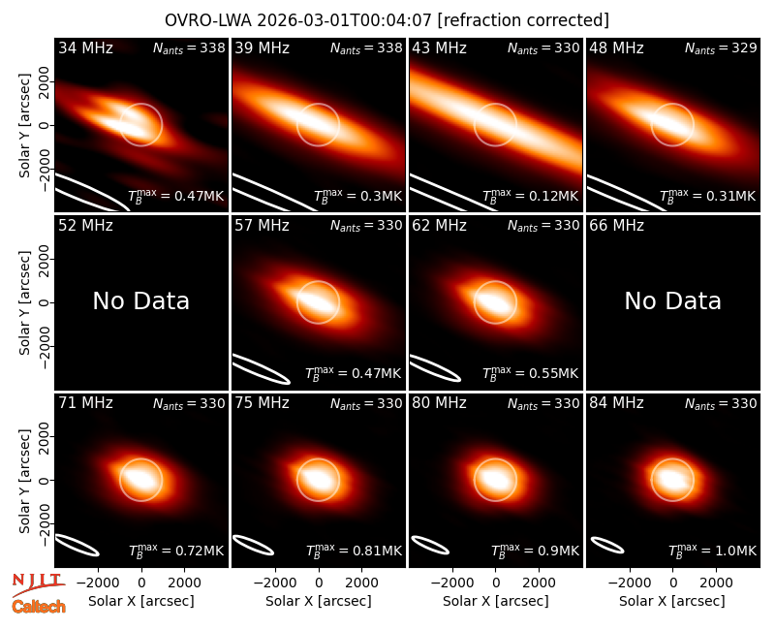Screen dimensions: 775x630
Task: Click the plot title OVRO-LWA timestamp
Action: (x=387, y=20)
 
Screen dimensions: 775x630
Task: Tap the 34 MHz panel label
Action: (x=85, y=47)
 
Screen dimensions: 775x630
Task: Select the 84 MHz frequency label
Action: (x=616, y=403)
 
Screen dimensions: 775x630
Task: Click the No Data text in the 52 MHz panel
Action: (x=141, y=300)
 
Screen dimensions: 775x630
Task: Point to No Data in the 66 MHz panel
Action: (x=672, y=300)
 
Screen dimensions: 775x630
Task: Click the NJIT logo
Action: (x=39, y=584)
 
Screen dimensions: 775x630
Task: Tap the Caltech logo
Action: (x=39, y=607)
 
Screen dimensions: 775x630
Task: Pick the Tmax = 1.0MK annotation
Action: (x=712, y=550)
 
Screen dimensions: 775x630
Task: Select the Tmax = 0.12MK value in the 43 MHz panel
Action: (x=530, y=196)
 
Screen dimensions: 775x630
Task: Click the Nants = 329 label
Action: (x=721, y=47)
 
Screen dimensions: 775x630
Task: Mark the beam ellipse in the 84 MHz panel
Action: (x=607, y=545)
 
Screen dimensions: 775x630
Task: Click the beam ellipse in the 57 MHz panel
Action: (x=262, y=368)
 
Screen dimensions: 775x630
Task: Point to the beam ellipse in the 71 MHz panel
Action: (x=77, y=546)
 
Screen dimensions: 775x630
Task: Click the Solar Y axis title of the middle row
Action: (x=25, y=302)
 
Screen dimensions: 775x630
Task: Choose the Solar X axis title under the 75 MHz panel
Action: (x=319, y=601)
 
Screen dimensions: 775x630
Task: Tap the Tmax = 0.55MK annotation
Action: (x=530, y=373)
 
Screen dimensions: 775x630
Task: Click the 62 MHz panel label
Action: (x=439, y=226)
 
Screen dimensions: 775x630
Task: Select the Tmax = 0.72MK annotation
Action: (x=176, y=550)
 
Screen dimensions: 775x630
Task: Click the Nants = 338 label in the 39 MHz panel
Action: (x=366, y=47)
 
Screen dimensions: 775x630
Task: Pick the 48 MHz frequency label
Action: (x=616, y=47)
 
